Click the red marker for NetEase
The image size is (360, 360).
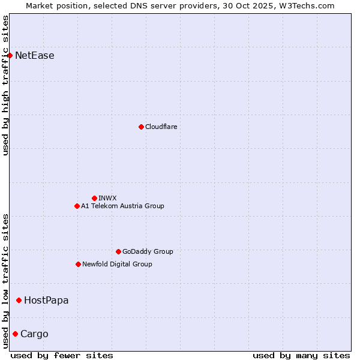point(10,56)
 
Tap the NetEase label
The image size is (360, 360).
point(35,56)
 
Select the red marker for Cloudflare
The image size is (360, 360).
point(141,127)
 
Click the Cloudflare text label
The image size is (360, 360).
point(161,127)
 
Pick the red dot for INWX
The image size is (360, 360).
point(94,198)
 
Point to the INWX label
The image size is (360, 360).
point(107,198)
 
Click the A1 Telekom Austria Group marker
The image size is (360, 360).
point(77,206)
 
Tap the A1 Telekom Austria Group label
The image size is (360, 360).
point(122,206)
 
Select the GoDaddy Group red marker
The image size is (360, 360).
point(118,251)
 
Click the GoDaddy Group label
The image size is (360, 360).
point(148,251)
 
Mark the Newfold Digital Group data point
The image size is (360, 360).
point(78,264)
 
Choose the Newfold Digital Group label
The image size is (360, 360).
point(117,264)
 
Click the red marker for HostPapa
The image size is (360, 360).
point(19,300)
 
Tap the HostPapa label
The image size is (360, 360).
point(46,300)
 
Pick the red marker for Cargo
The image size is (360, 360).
point(15,334)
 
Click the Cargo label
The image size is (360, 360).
point(34,334)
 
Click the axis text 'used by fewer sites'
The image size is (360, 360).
point(62,355)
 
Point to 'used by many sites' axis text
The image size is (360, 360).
point(301,355)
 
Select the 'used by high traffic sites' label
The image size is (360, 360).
point(6,85)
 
